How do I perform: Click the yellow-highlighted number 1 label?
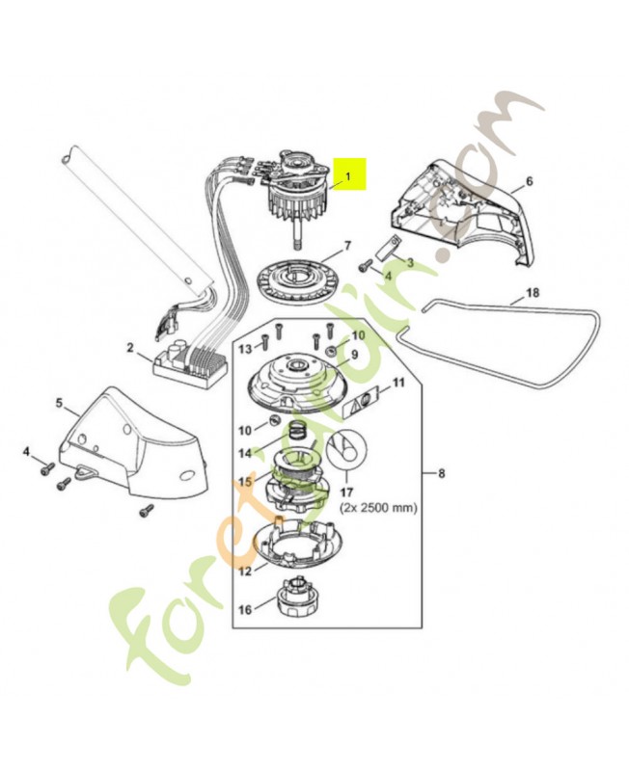350,175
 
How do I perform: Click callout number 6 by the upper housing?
528,181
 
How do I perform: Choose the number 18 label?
533,292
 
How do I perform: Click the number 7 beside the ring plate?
348,246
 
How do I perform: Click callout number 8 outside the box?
442,473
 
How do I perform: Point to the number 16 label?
244,610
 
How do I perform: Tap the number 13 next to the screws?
245,348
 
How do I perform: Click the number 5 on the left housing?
59,402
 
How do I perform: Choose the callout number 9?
353,354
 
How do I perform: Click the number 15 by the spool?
245,481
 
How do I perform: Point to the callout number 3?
410,262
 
